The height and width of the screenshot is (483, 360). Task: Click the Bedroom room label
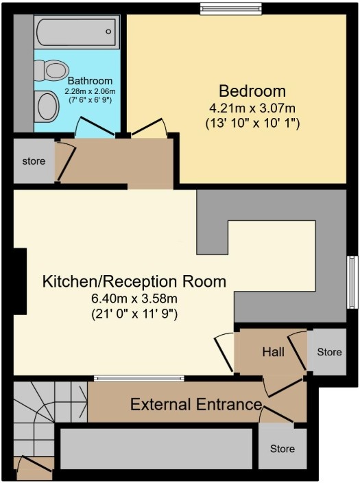[252, 91]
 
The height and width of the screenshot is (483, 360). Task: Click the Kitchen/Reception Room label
[134, 281]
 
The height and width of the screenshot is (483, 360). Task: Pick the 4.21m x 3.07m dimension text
[252, 108]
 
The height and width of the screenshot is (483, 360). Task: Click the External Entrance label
[196, 404]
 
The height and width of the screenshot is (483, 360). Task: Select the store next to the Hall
[328, 352]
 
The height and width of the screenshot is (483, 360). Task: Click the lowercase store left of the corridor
[34, 162]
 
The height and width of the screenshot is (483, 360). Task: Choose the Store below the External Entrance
[282, 449]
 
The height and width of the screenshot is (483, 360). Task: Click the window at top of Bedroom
[231, 8]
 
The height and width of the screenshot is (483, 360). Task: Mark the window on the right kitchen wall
[353, 283]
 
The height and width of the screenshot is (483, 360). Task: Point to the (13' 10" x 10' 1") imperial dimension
[252, 124]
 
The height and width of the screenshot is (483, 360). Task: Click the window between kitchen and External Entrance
[139, 378]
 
